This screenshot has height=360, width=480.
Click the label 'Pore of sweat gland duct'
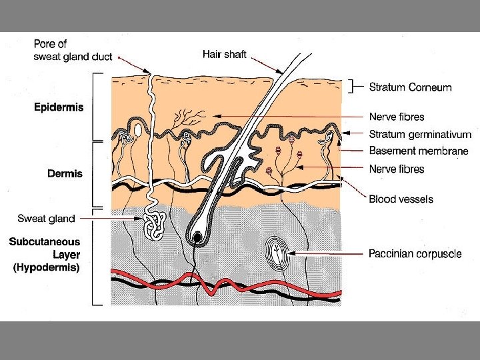(74, 51)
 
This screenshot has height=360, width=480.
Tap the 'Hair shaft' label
(225, 54)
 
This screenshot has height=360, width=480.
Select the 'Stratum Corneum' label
(411, 87)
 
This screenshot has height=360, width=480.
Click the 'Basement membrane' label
(419, 151)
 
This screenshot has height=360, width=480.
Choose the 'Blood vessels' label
(401, 199)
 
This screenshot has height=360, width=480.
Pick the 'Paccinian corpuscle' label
(415, 254)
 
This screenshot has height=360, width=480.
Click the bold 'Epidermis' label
(59, 107)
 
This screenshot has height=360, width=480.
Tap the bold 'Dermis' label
(65, 173)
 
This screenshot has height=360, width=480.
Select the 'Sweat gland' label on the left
(46, 217)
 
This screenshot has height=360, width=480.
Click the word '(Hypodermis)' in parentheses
(47, 268)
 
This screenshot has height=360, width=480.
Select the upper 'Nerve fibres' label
(397, 117)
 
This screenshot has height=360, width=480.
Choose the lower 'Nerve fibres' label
(397, 169)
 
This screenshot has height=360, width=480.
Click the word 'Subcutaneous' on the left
(45, 242)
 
